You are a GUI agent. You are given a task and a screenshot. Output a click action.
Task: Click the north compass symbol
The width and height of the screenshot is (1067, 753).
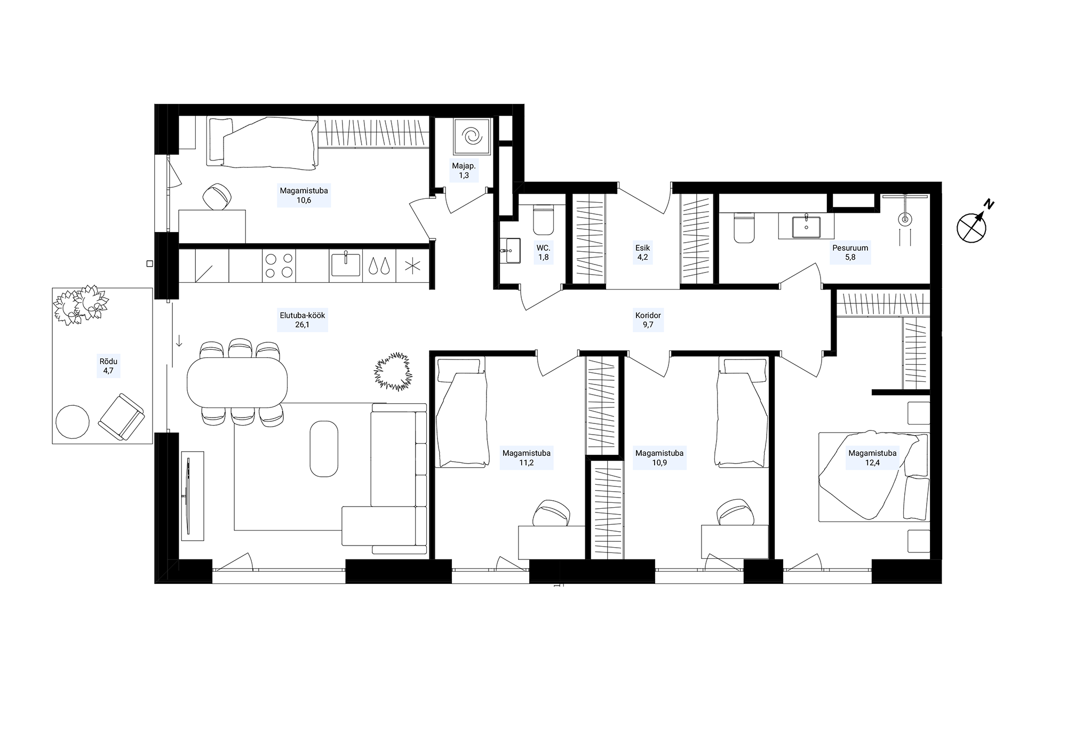click(972, 227)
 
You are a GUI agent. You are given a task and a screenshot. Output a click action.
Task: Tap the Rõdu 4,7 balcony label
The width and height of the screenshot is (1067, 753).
click(108, 366)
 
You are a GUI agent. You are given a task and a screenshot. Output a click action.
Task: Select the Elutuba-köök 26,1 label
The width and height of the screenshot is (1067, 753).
click(302, 320)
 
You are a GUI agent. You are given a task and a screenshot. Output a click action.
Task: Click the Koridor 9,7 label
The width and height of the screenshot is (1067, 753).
click(648, 320)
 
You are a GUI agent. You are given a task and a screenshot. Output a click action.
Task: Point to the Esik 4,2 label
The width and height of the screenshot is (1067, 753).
click(642, 252)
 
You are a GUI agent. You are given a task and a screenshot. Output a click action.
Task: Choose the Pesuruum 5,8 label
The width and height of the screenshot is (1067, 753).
click(850, 252)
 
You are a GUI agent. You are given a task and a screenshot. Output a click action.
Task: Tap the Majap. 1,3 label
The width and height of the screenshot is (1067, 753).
click(464, 171)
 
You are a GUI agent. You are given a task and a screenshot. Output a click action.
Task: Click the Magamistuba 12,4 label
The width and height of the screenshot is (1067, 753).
click(872, 458)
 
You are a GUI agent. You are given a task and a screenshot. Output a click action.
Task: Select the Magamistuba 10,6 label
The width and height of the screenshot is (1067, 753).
click(304, 195)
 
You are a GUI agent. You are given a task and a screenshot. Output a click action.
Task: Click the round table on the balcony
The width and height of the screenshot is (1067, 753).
click(72, 421)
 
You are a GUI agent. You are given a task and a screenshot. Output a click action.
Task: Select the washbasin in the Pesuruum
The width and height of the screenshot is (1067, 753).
click(806, 226)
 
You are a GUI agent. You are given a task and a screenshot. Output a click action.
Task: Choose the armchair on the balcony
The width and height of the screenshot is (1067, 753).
click(122, 418)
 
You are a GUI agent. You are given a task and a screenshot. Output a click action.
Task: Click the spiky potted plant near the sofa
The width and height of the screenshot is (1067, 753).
click(394, 371)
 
